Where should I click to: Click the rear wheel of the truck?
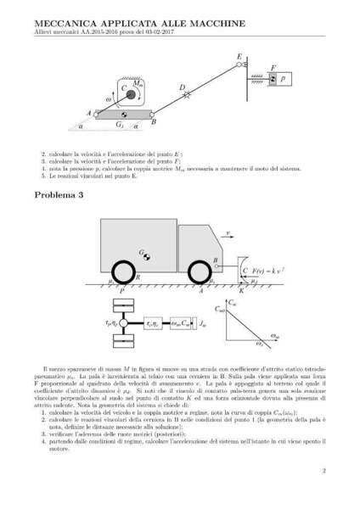pos(121,276)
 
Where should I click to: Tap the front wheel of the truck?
pos(196,276)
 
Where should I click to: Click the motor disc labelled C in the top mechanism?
pos(123,89)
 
